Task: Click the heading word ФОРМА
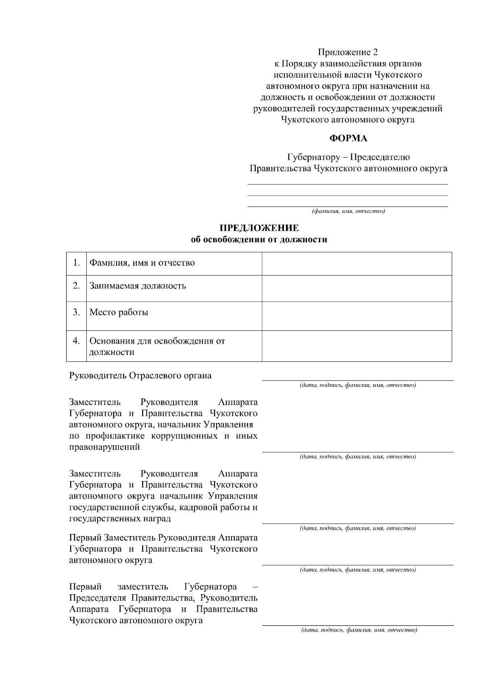pyautogui.click(x=348, y=138)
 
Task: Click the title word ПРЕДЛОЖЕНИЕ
pyautogui.click(x=259, y=228)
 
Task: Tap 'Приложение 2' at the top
pyautogui.click(x=348, y=52)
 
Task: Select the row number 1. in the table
pyautogui.click(x=76, y=263)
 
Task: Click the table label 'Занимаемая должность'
pyautogui.click(x=138, y=286)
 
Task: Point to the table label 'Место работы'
pyautogui.click(x=119, y=312)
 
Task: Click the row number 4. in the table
pyautogui.click(x=76, y=341)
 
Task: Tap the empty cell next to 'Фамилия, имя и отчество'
pyautogui.click(x=357, y=263)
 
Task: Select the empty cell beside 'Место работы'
pyautogui.click(x=357, y=316)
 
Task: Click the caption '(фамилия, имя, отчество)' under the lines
pyautogui.click(x=348, y=211)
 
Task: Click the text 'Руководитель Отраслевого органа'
pyautogui.click(x=140, y=376)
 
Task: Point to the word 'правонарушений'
pyautogui.click(x=104, y=447)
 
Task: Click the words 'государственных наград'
pyautogui.click(x=120, y=518)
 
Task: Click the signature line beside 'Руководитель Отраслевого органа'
pyautogui.click(x=358, y=380)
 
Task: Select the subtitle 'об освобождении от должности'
pyautogui.click(x=259, y=240)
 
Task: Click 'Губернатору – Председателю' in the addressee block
pyautogui.click(x=348, y=157)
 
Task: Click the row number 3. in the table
pyautogui.click(x=76, y=312)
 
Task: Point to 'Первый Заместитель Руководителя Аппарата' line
pyautogui.click(x=163, y=538)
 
